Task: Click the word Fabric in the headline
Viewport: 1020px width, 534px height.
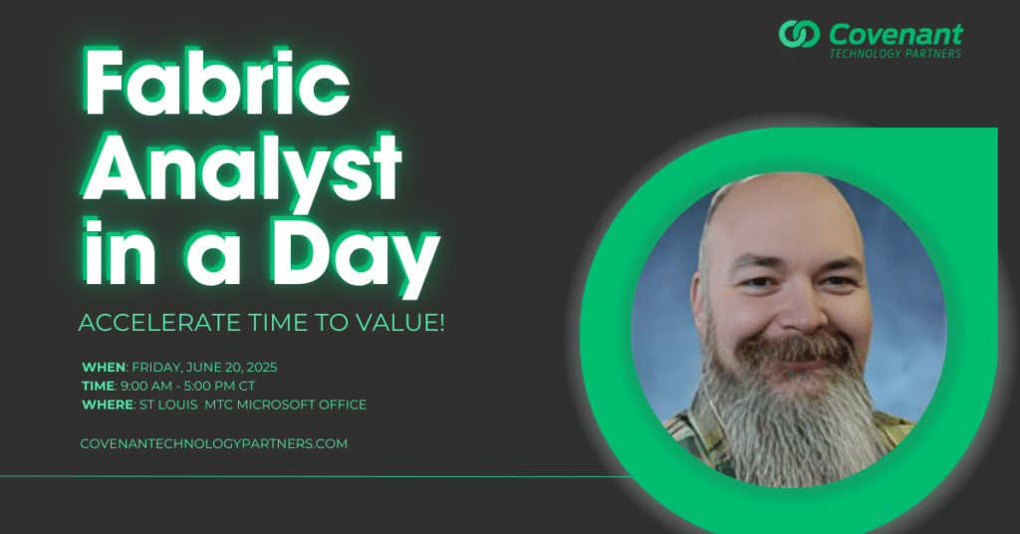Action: coord(216,83)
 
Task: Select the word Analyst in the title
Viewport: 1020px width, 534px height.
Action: coord(242,171)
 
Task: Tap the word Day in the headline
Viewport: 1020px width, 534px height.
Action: coord(356,256)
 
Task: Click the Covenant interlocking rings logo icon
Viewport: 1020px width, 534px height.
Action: coord(799,34)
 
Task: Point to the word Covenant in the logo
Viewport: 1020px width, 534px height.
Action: coord(895,34)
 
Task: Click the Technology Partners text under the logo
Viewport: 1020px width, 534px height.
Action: coord(895,54)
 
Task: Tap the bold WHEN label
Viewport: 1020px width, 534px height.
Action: coord(104,368)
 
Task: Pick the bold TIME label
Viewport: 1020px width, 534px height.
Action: coord(99,386)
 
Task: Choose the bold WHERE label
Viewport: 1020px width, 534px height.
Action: coord(108,404)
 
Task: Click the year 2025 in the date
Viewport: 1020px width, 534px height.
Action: coord(262,368)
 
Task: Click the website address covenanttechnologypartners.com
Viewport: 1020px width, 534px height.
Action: coord(214,443)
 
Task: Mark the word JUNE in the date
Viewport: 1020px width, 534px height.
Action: coord(202,368)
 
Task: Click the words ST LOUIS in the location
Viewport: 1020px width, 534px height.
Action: coord(168,404)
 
